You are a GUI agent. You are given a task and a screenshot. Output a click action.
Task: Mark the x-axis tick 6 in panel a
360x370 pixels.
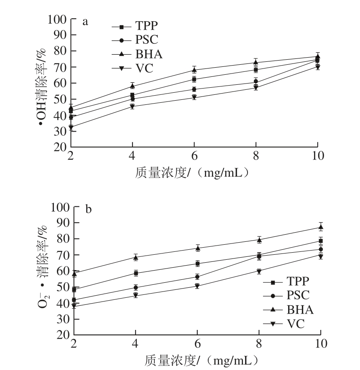point(194,156)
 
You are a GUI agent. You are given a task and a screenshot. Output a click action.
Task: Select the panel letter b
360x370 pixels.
point(88,209)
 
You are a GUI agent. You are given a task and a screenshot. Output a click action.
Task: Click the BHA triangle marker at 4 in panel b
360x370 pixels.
point(135,257)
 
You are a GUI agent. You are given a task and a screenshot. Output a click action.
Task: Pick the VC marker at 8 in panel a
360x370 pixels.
point(256,88)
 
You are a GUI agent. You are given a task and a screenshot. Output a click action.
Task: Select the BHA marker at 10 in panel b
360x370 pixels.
point(321,227)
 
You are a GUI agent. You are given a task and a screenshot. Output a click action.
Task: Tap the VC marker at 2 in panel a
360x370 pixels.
point(71,127)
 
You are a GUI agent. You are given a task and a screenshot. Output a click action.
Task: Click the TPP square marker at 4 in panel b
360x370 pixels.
point(135,273)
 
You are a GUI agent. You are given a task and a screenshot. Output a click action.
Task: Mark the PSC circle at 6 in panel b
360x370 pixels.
point(197,276)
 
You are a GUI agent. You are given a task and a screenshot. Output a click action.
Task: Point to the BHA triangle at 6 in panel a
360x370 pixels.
point(194,70)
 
